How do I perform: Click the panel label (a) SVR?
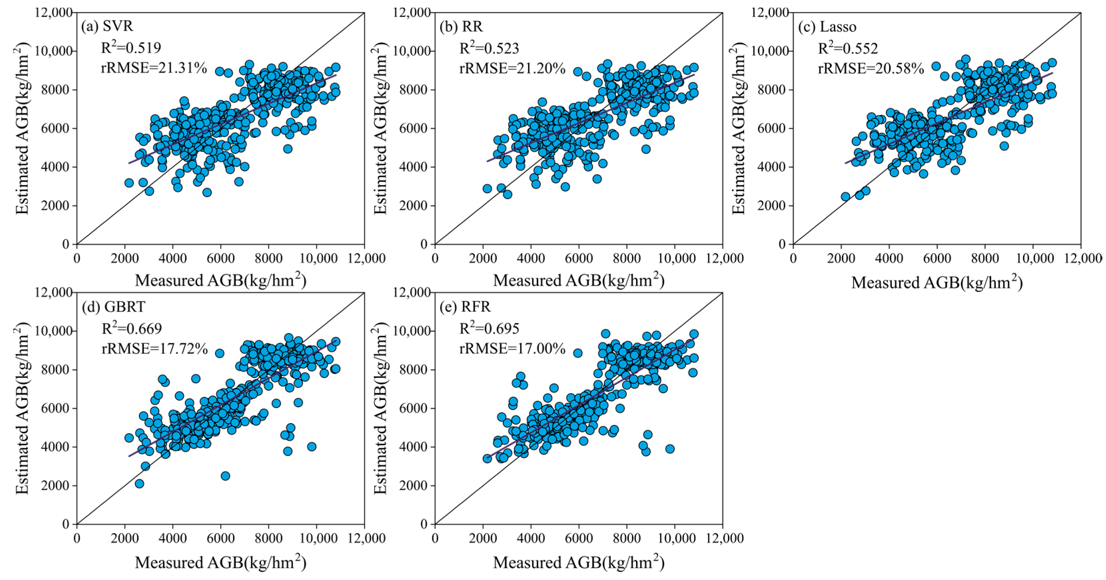click(107, 27)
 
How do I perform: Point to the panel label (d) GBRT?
click(113, 307)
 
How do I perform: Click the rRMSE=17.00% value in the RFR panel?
click(512, 349)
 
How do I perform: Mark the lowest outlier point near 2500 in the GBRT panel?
click(225, 476)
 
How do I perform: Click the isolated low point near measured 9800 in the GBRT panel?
click(312, 446)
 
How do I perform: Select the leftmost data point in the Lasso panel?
click(845, 197)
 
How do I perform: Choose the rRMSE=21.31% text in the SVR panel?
click(154, 68)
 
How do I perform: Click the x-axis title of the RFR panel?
click(579, 563)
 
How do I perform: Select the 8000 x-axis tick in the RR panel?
click(627, 258)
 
